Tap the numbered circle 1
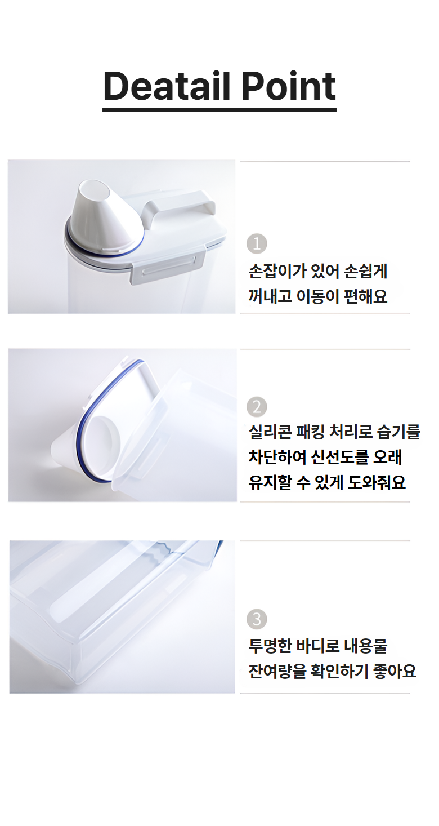tap(257, 244)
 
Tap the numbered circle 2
tap(257, 407)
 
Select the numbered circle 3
tap(257, 619)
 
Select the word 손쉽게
tap(366, 272)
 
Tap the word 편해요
tap(366, 296)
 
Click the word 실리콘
tap(270, 432)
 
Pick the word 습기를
tap(399, 432)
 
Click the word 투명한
tap(270, 646)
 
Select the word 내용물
tap(366, 646)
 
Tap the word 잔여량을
tap(277, 670)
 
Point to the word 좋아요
tap(395, 670)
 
